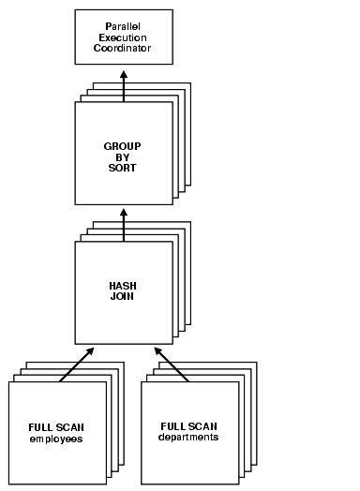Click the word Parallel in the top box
[124, 25]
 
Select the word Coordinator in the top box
[124, 48]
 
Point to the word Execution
[124, 37]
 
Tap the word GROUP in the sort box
[123, 146]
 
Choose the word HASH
[124, 285]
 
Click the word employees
[56, 438]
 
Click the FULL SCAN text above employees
[56, 427]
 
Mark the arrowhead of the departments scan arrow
[157, 350]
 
